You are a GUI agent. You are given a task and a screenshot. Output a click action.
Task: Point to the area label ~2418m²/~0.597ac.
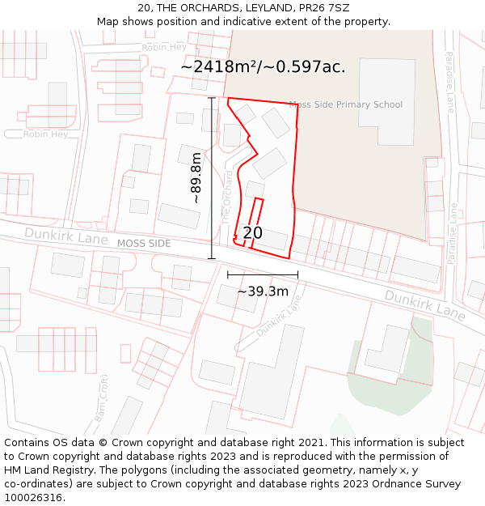point(263,66)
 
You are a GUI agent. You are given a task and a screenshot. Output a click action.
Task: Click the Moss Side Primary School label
point(346,104)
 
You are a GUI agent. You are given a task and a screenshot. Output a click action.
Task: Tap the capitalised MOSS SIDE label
point(144,243)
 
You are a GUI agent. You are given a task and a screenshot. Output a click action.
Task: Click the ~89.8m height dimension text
point(196,177)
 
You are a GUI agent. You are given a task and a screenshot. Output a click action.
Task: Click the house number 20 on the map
point(252,233)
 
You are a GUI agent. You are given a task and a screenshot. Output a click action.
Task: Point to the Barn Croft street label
point(102,398)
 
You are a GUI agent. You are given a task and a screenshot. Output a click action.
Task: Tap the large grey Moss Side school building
point(386,102)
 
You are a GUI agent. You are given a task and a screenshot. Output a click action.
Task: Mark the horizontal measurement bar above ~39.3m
point(263,274)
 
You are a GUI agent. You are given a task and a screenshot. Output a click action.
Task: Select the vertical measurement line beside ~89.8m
point(212,178)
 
